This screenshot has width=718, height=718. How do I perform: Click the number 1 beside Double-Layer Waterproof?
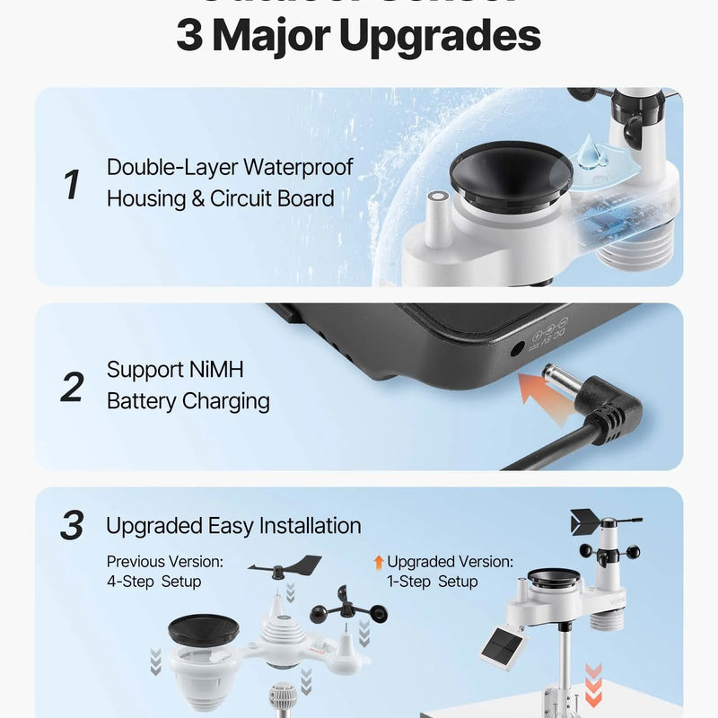pos(72,184)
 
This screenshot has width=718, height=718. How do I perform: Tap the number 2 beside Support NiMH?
pos(72,386)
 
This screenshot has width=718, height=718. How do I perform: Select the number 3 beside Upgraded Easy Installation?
pos(72,527)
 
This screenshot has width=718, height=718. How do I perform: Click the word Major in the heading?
pos(285,37)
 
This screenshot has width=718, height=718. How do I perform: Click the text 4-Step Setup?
pos(153,582)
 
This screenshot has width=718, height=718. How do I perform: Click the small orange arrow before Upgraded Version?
pos(379,562)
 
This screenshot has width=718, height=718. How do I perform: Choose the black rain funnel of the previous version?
pos(203,629)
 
